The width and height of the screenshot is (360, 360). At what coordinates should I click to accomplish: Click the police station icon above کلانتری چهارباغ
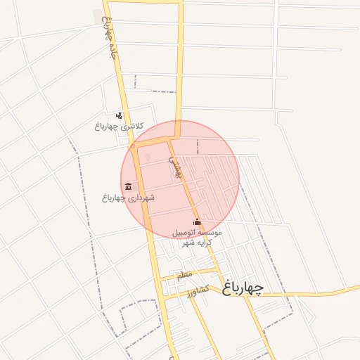[119, 115]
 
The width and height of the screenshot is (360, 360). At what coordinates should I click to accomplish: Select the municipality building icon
[128, 186]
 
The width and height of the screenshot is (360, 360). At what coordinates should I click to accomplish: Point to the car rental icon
[196, 222]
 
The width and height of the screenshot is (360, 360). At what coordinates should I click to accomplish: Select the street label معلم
[184, 274]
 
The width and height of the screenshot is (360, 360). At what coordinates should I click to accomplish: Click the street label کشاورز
[199, 290]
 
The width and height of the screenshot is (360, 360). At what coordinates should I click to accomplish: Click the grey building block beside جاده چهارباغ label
[97, 15]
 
